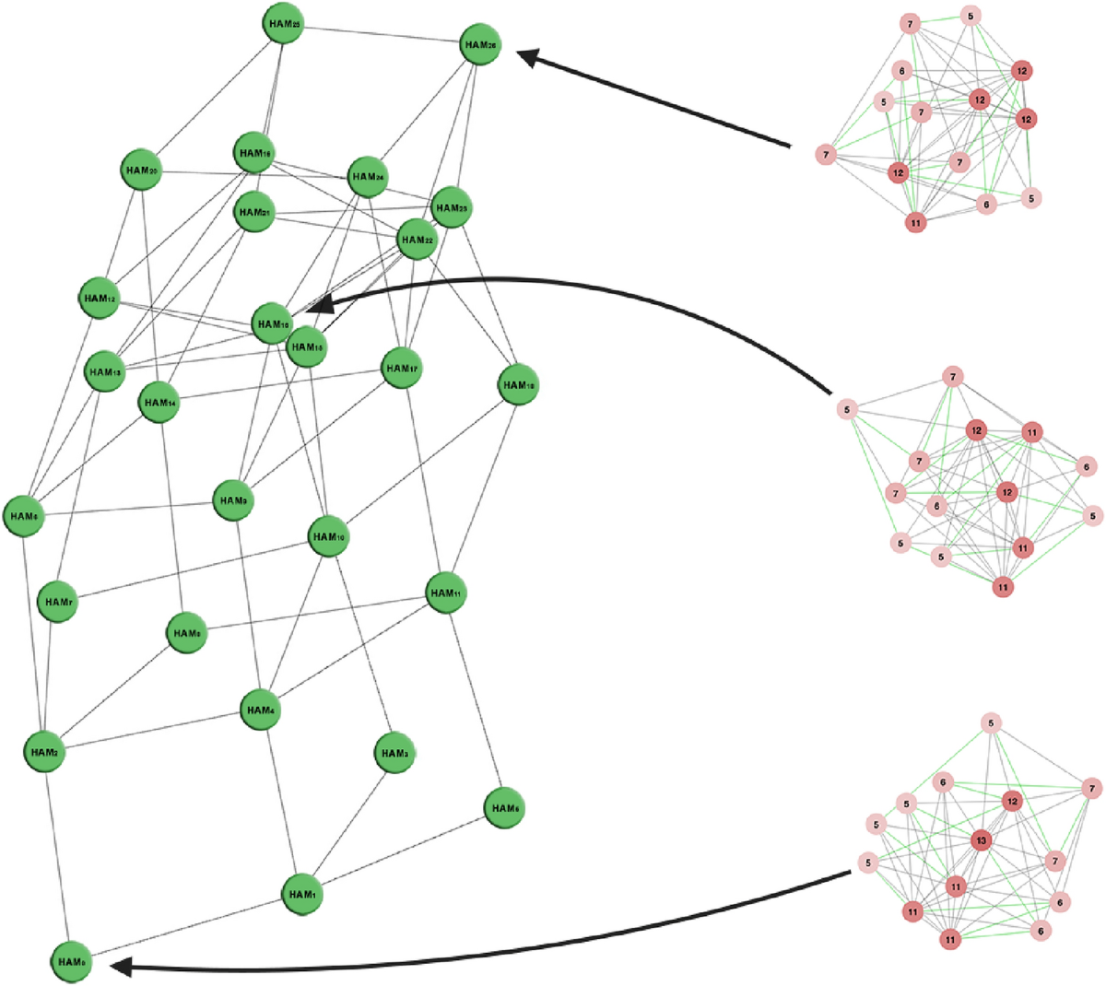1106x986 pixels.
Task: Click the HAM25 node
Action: pyautogui.click(x=282, y=25)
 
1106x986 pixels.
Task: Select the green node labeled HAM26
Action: pyautogui.click(x=480, y=44)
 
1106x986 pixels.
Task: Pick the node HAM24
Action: pyautogui.click(x=367, y=177)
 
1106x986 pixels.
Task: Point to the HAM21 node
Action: pyautogui.click(x=254, y=212)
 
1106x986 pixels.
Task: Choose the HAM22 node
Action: pyautogui.click(x=417, y=241)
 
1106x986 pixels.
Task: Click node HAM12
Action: pyautogui.click(x=99, y=298)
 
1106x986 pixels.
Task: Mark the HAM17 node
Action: pyautogui.click(x=402, y=369)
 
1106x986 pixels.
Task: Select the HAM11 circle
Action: pyautogui.click(x=446, y=593)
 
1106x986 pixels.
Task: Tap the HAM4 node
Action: pyautogui.click(x=260, y=710)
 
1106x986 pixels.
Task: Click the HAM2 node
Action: pyautogui.click(x=43, y=752)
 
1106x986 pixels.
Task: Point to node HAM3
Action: pyautogui.click(x=394, y=753)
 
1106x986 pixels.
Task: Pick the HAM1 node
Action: pyautogui.click(x=301, y=894)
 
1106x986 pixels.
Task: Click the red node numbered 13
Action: pyautogui.click(x=982, y=840)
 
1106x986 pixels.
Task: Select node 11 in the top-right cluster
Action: pyautogui.click(x=915, y=222)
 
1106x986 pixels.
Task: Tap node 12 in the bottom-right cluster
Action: pyautogui.click(x=1013, y=802)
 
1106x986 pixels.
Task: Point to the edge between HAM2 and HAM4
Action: pyautogui.click(x=152, y=731)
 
